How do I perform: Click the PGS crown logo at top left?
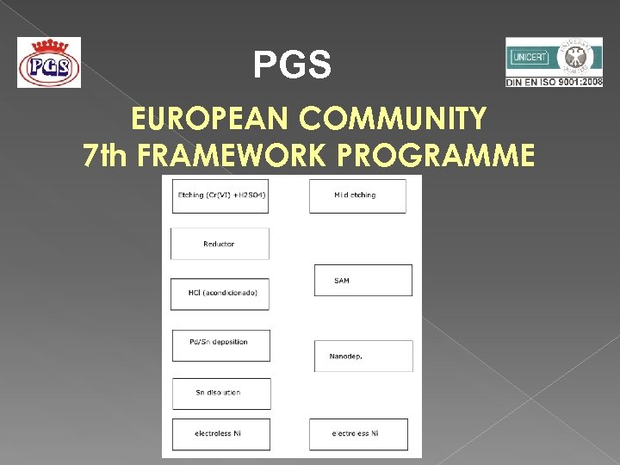click(x=49, y=63)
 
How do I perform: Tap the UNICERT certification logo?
click(x=553, y=58)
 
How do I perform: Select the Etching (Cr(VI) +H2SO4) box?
click(x=220, y=195)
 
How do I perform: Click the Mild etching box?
click(x=356, y=195)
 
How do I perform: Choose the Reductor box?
click(x=220, y=244)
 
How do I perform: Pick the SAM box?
click(x=363, y=281)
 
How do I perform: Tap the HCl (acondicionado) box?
click(x=220, y=294)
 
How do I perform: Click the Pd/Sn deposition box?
click(x=220, y=344)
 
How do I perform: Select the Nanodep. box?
click(x=363, y=356)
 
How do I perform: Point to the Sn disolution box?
click(x=220, y=393)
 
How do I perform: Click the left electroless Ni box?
click(x=220, y=434)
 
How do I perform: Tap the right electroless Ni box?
click(x=358, y=434)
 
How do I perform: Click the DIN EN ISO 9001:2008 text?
click(x=554, y=82)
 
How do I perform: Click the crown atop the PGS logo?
click(x=49, y=46)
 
